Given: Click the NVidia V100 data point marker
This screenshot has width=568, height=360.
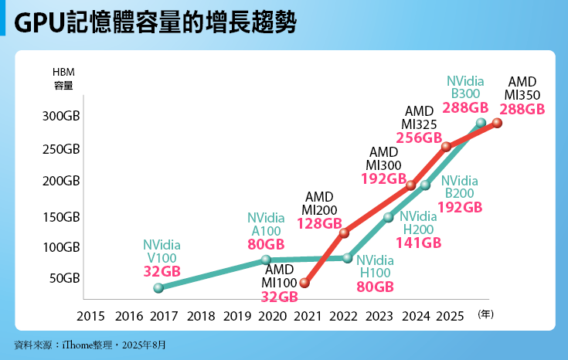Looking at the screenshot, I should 158,288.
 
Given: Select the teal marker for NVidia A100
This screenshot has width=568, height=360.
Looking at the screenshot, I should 266,260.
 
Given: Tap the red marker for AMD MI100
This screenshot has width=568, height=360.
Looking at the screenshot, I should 304,284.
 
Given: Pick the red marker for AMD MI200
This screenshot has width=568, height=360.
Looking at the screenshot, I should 344,233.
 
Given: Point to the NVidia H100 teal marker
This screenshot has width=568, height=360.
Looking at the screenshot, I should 347,258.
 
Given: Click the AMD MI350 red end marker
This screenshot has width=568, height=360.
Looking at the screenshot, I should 498,123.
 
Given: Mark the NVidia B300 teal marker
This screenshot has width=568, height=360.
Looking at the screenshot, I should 481,123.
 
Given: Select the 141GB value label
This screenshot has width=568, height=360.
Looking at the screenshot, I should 418,243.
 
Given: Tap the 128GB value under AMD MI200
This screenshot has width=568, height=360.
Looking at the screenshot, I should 319,224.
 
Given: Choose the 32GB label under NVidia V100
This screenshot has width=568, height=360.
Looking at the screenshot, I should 162,271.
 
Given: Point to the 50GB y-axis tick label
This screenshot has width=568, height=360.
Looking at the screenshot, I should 64,278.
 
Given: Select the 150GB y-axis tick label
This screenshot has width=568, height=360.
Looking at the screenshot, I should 61,217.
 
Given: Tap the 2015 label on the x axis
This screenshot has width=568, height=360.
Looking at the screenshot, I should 90,316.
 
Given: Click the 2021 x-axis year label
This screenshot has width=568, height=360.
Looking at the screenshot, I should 308,316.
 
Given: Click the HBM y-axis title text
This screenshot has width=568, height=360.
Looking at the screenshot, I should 63,72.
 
